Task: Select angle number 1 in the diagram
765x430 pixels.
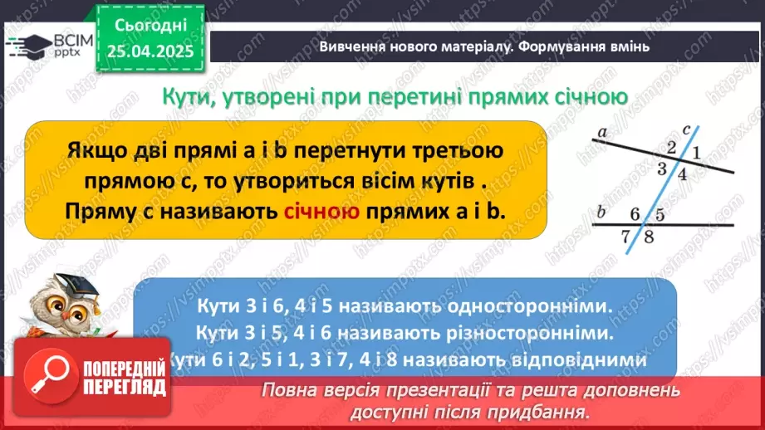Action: (x=697, y=153)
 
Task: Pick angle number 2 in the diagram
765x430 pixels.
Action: (x=672, y=148)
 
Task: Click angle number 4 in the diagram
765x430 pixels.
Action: (x=682, y=174)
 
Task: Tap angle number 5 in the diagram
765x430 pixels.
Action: (x=660, y=214)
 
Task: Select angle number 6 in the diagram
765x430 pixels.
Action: (x=635, y=214)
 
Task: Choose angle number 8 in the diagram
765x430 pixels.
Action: (x=649, y=236)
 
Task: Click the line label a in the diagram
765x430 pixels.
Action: (x=601, y=130)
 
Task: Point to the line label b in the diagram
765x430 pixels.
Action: (x=601, y=213)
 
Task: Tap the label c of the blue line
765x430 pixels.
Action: (x=685, y=129)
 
